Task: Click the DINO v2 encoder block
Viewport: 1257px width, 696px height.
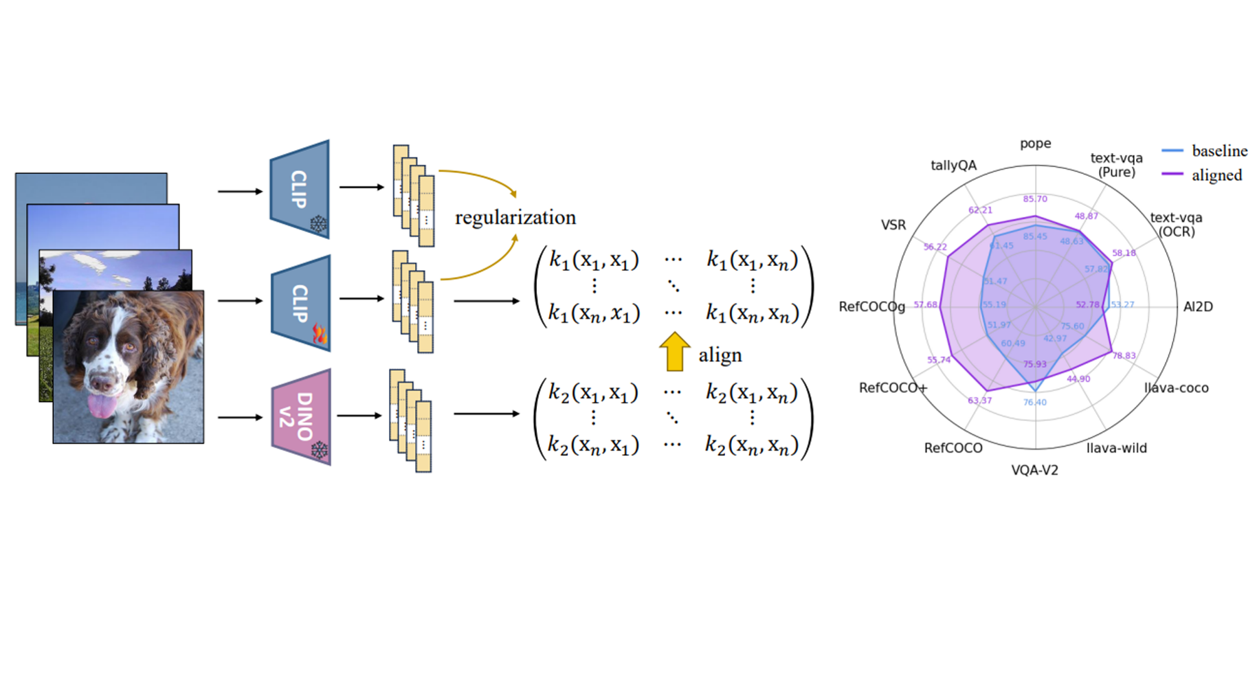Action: tap(301, 417)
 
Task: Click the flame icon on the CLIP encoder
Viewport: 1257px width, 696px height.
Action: tap(320, 334)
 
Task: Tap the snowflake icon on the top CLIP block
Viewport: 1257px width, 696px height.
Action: tap(318, 224)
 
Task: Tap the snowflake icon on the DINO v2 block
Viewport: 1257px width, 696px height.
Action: tap(320, 451)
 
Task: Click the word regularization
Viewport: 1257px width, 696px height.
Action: tap(515, 218)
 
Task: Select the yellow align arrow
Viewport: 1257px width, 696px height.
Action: tap(674, 351)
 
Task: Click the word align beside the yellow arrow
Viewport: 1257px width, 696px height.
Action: tap(720, 355)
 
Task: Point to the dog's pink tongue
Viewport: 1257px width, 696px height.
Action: tap(102, 406)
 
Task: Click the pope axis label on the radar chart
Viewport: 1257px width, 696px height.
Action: tap(1035, 144)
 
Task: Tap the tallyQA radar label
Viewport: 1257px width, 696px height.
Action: tap(953, 166)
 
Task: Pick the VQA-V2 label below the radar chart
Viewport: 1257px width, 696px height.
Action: tap(1034, 471)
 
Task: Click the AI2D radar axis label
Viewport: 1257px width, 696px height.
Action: tap(1198, 307)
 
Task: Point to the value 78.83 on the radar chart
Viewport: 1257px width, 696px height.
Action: tap(1124, 356)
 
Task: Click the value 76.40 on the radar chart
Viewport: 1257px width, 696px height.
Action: tap(1034, 403)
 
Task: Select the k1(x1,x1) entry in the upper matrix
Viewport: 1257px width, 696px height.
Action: tap(594, 260)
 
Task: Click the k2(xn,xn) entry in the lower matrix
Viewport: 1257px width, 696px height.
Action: tap(751, 445)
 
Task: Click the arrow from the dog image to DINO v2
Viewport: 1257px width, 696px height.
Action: tap(240, 417)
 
